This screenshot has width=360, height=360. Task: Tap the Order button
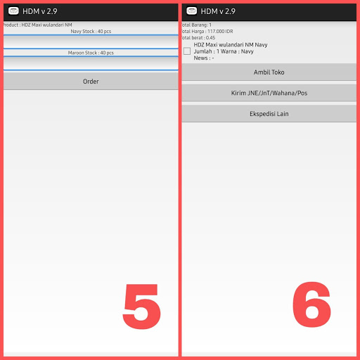pos(91,82)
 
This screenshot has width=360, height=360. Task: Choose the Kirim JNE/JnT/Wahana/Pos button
pos(269,93)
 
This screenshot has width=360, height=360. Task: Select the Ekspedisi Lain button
pos(269,114)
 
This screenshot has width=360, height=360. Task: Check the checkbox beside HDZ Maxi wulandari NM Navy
pos(187,51)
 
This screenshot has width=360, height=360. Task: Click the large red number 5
pos(141,307)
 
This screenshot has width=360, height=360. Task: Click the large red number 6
pos(311,304)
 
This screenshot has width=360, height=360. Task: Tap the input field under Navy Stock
pos(91,41)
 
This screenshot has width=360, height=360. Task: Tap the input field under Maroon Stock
pos(91,63)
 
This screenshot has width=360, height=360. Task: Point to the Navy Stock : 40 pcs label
pos(91,32)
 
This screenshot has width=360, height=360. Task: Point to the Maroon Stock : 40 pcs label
pos(91,53)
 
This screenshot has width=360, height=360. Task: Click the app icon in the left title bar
pos(13,11)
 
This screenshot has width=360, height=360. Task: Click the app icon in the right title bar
pos(191,11)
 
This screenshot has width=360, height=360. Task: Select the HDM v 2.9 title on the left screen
pos(40,11)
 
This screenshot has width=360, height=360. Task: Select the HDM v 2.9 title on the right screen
pos(218,11)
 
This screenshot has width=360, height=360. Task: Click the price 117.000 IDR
pos(220,32)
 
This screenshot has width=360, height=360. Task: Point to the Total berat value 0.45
pos(210,38)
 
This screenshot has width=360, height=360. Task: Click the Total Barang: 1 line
pos(196,25)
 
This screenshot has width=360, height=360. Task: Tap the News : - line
pos(204,58)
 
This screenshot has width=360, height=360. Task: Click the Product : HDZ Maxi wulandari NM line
pos(37,25)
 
